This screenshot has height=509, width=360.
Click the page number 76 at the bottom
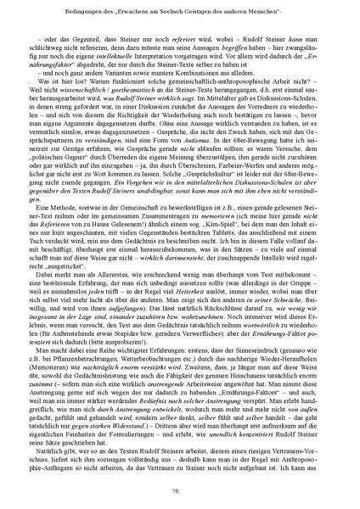(x=180, y=489)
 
